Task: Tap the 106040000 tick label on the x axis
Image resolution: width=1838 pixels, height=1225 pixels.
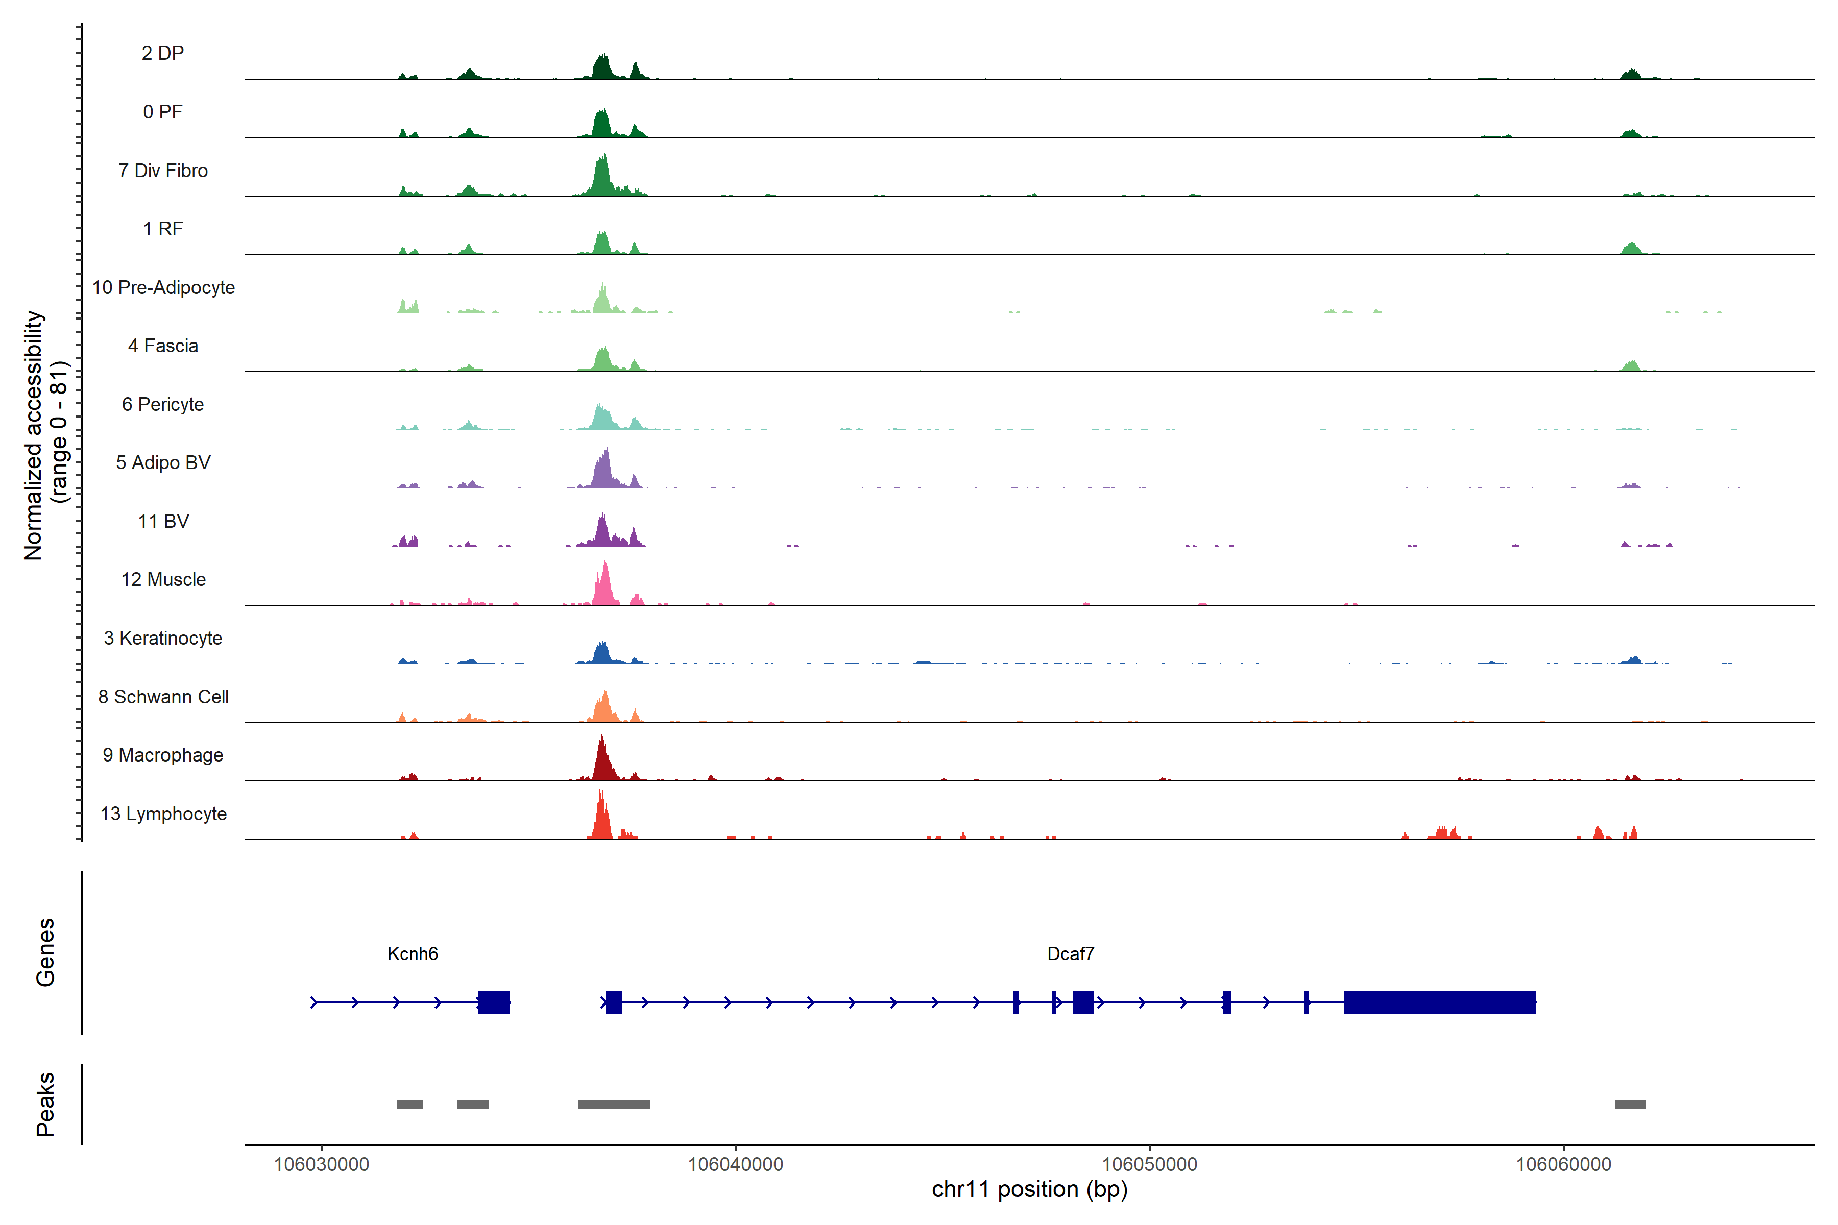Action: pyautogui.click(x=735, y=1164)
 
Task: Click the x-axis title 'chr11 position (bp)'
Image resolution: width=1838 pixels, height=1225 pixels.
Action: pyautogui.click(x=1029, y=1189)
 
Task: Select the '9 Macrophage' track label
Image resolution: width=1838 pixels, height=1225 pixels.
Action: pyautogui.click(x=163, y=755)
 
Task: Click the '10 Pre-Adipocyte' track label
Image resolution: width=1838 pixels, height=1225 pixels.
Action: pyautogui.click(x=163, y=287)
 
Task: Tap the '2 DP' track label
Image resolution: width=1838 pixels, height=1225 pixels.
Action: pyautogui.click(x=163, y=53)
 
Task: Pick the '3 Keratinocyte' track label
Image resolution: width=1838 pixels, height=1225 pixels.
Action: pyautogui.click(x=163, y=639)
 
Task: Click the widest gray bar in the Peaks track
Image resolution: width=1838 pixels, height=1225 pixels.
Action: pyautogui.click(x=614, y=1105)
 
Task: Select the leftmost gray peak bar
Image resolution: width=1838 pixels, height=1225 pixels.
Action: pyautogui.click(x=409, y=1105)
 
